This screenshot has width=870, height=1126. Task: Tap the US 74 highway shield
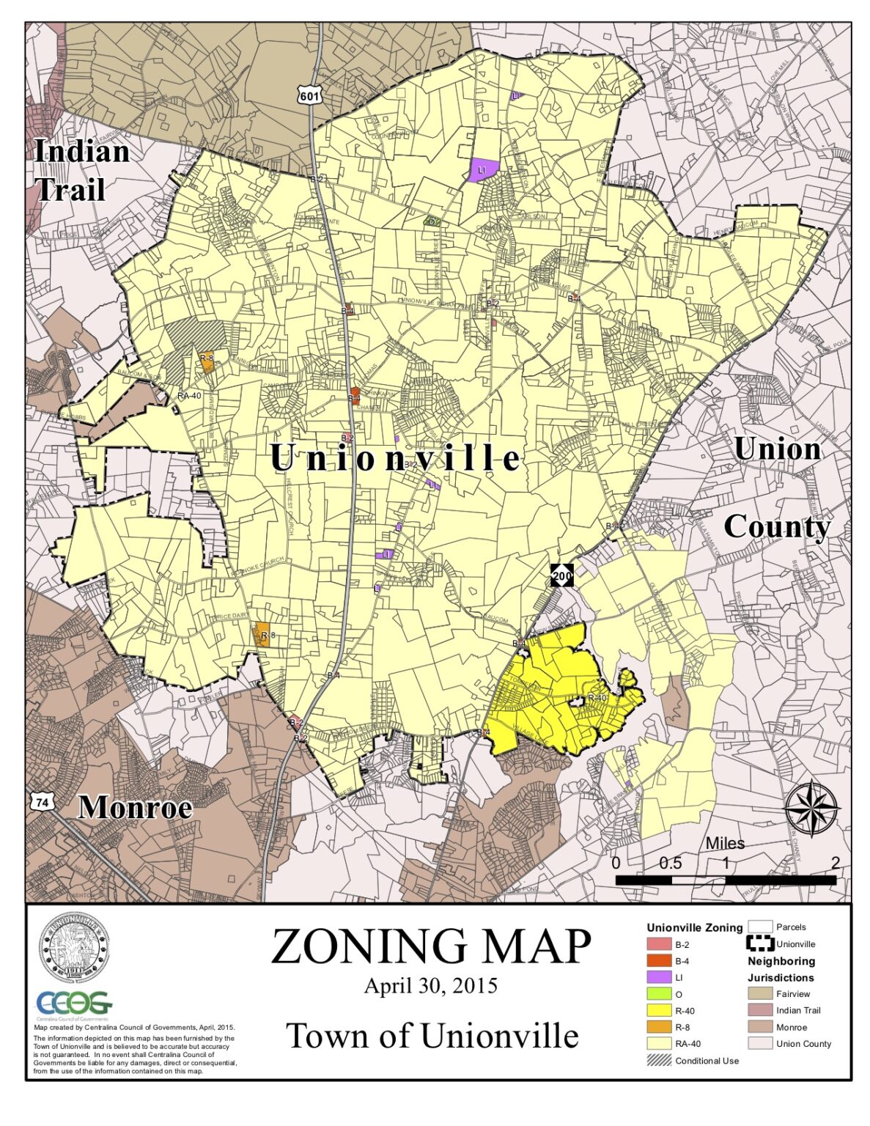tap(43, 802)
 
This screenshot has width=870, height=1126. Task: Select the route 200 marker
tap(562, 575)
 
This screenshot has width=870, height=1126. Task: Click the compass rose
tap(811, 809)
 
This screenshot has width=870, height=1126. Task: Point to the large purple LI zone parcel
tap(482, 169)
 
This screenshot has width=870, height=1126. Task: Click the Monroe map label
tap(135, 807)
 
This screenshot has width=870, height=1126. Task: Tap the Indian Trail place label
tap(81, 170)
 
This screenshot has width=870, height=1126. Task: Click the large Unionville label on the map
tap(395, 458)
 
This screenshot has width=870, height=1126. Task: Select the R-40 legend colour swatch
tap(659, 1011)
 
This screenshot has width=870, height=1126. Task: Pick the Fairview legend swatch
tap(759, 994)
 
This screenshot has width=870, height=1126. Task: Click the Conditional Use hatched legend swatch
tap(659, 1060)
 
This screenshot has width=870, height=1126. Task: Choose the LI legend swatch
tap(659, 977)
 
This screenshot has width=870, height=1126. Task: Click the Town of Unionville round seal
tap(74, 948)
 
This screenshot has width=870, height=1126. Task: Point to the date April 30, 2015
tap(431, 986)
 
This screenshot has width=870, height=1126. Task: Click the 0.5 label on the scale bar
tap(670, 863)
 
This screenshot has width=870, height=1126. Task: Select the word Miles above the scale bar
tap(725, 844)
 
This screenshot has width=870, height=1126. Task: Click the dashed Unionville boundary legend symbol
tap(759, 943)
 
